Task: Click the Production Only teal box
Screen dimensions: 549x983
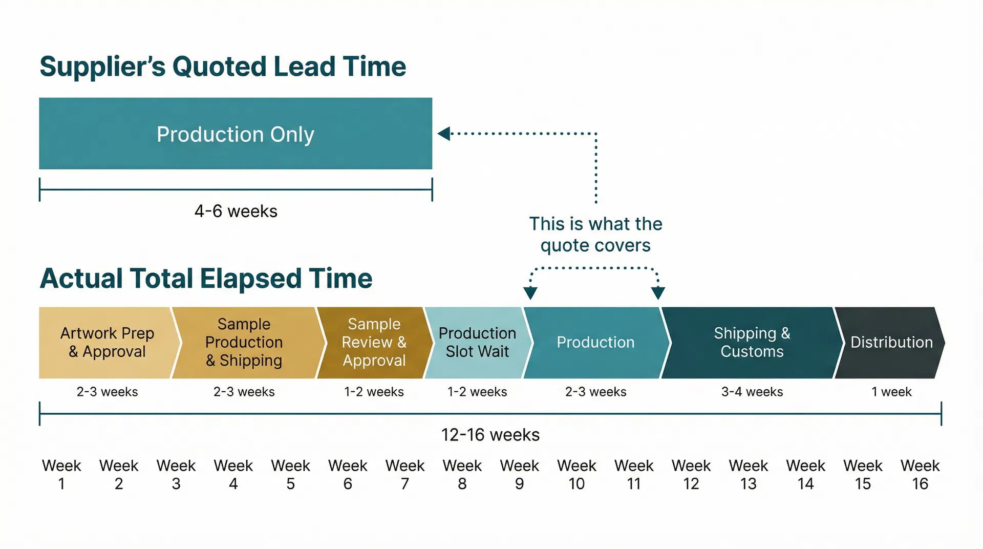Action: pyautogui.click(x=236, y=134)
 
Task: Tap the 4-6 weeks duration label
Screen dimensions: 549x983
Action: pyautogui.click(x=236, y=211)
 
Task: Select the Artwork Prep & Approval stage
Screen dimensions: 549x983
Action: pyautogui.click(x=106, y=342)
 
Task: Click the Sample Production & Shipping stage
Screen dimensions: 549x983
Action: pyautogui.click(x=244, y=342)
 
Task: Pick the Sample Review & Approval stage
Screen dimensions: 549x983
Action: pyautogui.click(x=374, y=342)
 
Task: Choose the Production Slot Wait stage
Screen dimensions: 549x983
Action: pyautogui.click(x=477, y=342)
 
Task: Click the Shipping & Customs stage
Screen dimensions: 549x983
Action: pyautogui.click(x=752, y=342)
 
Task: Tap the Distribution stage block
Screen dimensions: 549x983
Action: pyautogui.click(x=891, y=342)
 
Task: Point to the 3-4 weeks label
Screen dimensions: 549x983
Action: pyautogui.click(x=752, y=392)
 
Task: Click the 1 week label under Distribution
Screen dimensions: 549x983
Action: pyautogui.click(x=891, y=392)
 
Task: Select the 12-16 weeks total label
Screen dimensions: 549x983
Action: pyautogui.click(x=490, y=435)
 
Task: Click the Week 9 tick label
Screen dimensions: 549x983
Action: pyautogui.click(x=519, y=474)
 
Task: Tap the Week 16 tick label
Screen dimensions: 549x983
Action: pyautogui.click(x=920, y=474)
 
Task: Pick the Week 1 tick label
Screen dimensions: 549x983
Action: pyautogui.click(x=61, y=474)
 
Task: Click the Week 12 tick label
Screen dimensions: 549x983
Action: pyautogui.click(x=691, y=474)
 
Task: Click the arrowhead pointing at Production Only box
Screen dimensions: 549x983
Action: pyautogui.click(x=444, y=134)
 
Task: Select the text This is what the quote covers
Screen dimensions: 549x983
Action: pyautogui.click(x=595, y=235)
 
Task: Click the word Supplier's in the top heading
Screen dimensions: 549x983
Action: pyautogui.click(x=102, y=67)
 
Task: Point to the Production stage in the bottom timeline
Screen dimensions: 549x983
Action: pyautogui.click(x=595, y=342)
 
